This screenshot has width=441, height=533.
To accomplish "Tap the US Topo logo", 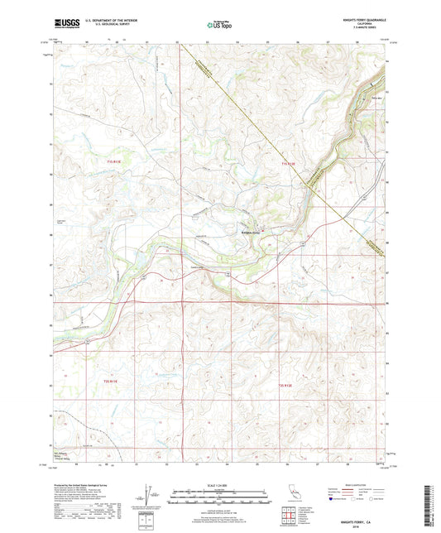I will [x=219, y=25].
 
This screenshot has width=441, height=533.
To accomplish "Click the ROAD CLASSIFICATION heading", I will [x=348, y=484].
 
